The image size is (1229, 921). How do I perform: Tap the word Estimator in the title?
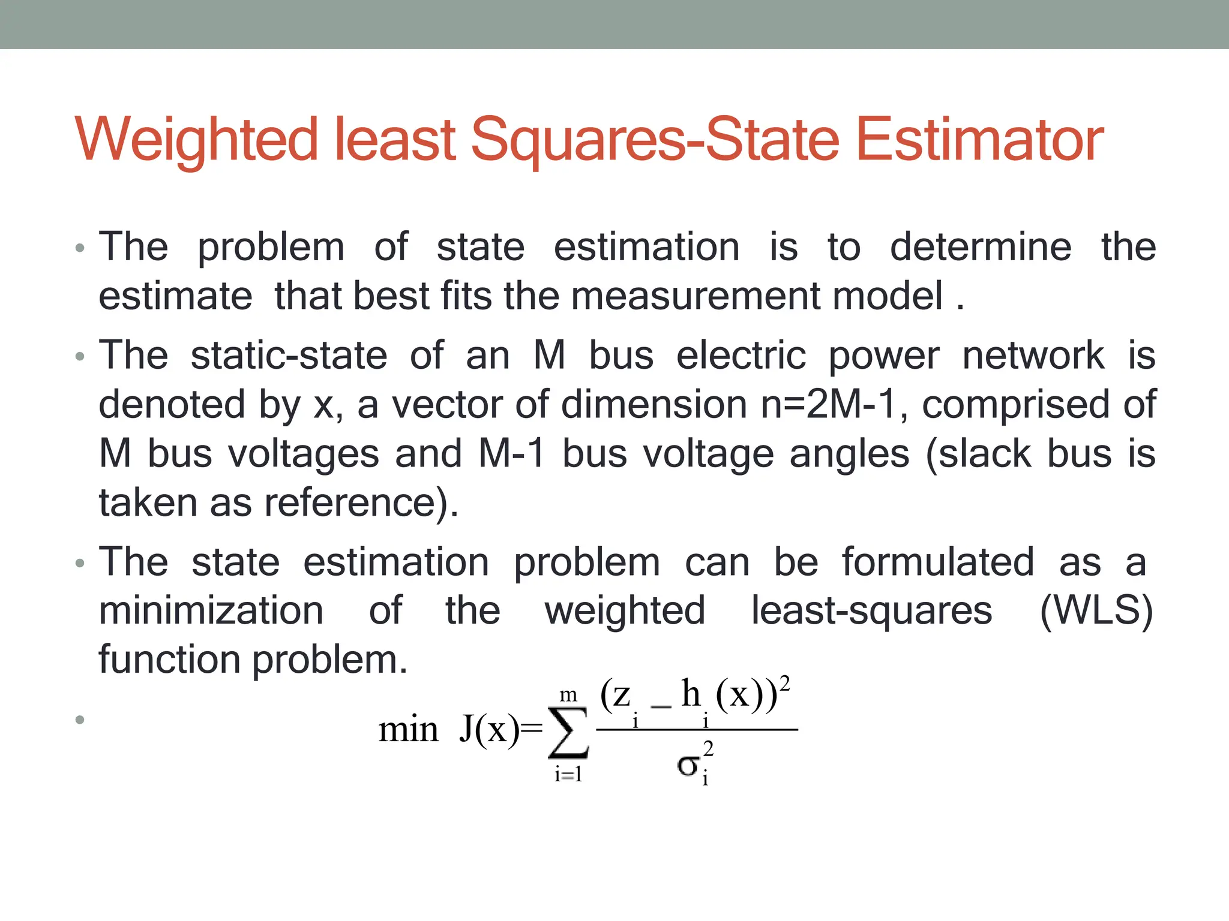(979, 140)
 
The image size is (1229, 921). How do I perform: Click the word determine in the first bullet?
(980, 247)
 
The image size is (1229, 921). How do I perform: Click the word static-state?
(289, 356)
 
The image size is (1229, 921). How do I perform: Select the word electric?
(741, 356)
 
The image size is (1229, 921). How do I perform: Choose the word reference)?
(362, 503)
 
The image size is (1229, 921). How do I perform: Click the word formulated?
(937, 562)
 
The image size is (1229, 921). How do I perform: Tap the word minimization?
(211, 611)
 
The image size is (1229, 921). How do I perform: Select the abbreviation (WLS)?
(1096, 612)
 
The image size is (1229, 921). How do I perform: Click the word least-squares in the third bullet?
(871, 612)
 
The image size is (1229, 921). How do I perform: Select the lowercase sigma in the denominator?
(688, 766)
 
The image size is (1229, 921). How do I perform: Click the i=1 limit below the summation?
(568, 775)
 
